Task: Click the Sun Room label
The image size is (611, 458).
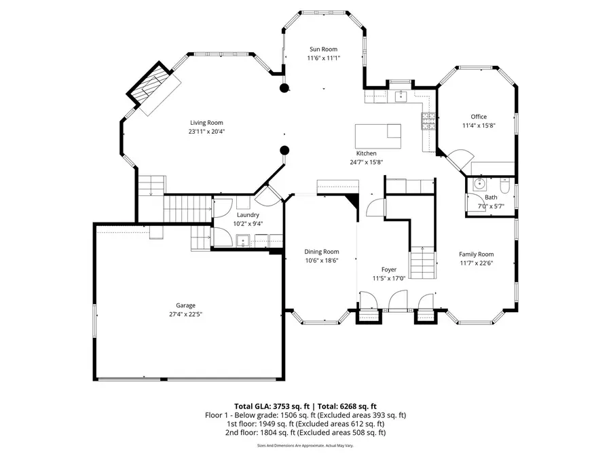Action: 323,49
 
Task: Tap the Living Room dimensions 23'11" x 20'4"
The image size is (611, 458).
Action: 206,132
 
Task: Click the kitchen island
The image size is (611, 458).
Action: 377,136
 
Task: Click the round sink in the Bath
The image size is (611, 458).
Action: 479,183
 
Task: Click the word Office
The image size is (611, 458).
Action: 479,117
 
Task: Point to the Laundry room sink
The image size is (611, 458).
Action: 242,240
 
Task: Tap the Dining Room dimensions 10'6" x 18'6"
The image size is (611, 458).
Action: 321,260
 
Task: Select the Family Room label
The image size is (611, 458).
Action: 476,254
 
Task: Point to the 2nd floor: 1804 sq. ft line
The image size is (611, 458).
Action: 305,432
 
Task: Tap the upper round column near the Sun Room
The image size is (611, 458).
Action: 285,88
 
